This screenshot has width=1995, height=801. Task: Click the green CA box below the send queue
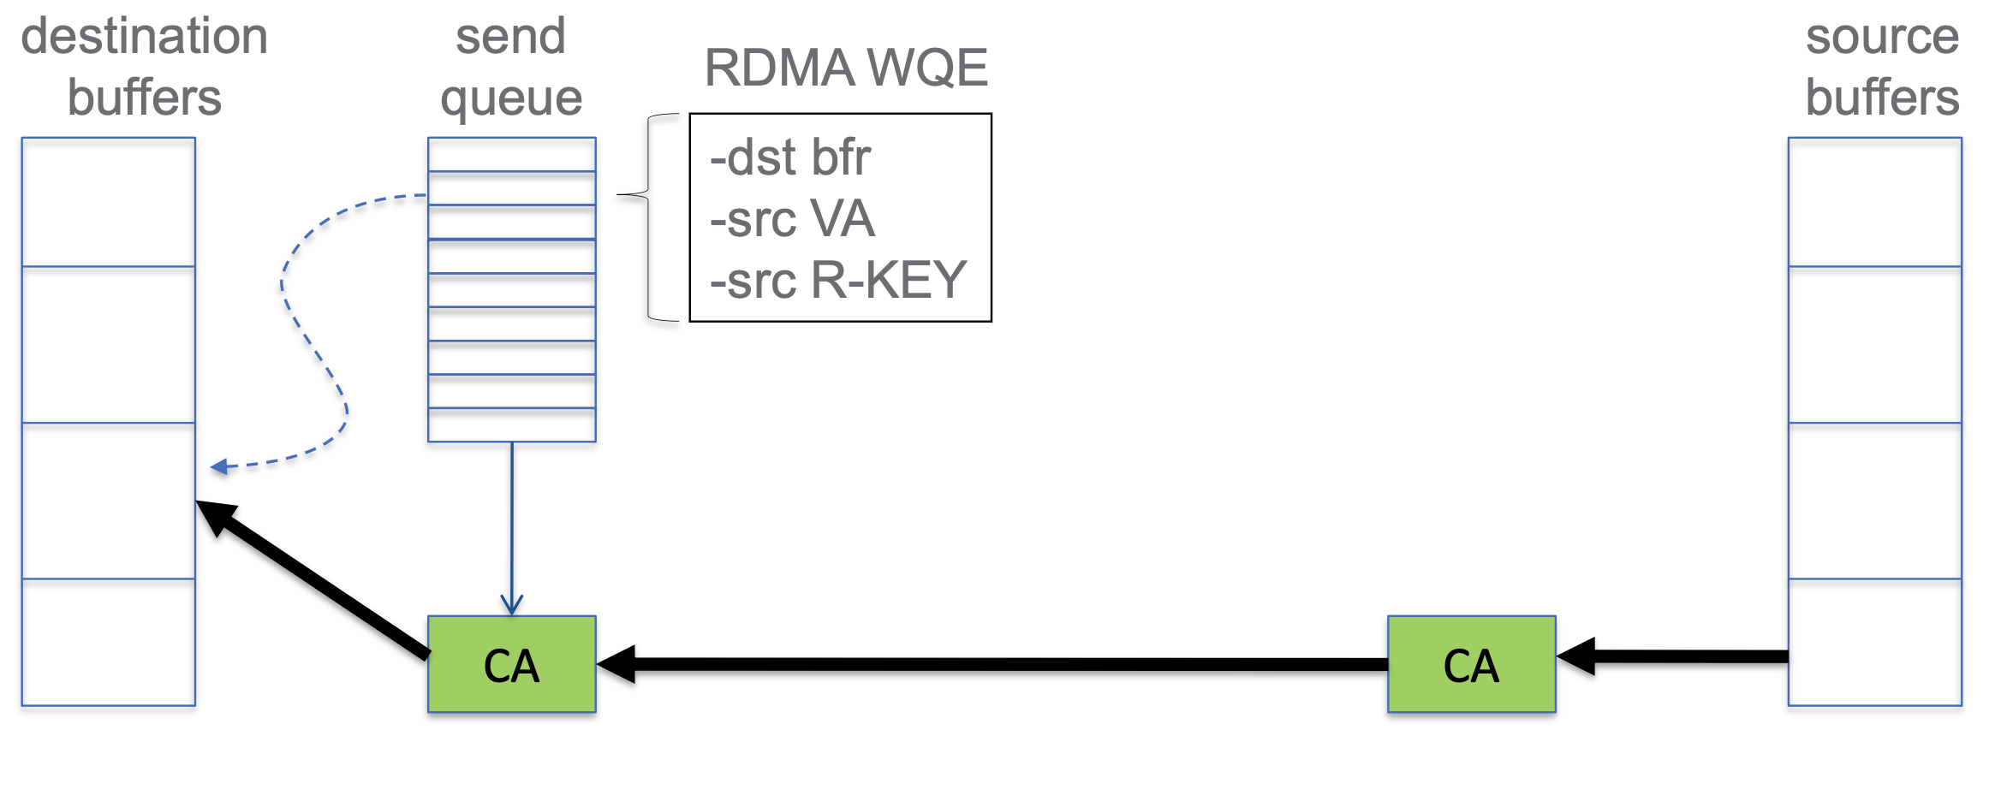pyautogui.click(x=511, y=664)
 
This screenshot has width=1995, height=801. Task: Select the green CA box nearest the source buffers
pyautogui.click(x=1471, y=664)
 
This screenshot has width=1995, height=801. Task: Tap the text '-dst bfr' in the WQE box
pyautogui.click(x=789, y=157)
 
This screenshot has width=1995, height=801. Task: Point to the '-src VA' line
pyautogui.click(x=792, y=219)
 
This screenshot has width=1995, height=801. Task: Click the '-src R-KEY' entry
pyautogui.click(x=837, y=280)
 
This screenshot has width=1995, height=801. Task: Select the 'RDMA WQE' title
pyautogui.click(x=846, y=68)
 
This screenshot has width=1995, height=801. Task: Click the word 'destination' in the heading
pyautogui.click(x=144, y=36)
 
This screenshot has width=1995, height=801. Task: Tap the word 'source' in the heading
pyautogui.click(x=1882, y=36)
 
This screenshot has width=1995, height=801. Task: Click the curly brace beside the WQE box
pyautogui.click(x=648, y=217)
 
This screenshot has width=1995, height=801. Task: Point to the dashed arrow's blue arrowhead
pyautogui.click(x=219, y=466)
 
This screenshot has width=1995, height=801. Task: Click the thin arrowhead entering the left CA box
pyautogui.click(x=512, y=606)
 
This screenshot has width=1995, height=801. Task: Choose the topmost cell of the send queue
pyautogui.click(x=511, y=155)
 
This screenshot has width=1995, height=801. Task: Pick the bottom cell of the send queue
pyautogui.click(x=511, y=425)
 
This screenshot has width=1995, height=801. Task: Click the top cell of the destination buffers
pyautogui.click(x=109, y=202)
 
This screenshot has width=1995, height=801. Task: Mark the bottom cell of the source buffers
pyautogui.click(x=1874, y=642)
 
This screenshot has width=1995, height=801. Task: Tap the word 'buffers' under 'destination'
pyautogui.click(x=144, y=98)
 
